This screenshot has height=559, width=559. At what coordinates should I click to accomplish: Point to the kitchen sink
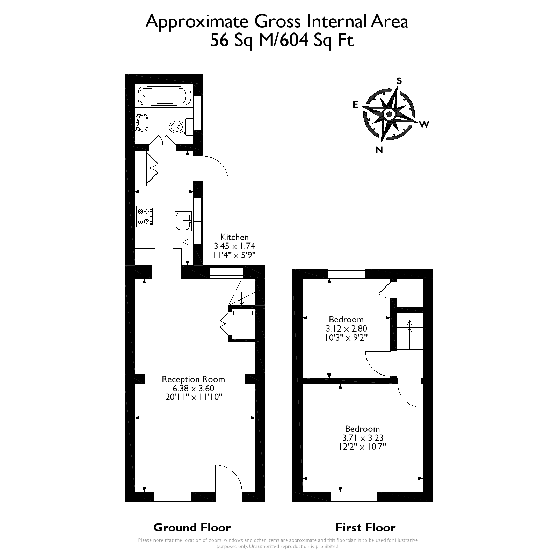183,221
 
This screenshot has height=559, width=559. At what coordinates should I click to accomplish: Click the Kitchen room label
234,237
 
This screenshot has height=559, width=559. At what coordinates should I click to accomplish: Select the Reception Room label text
193,379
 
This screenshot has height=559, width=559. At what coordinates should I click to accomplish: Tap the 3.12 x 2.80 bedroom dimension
346,329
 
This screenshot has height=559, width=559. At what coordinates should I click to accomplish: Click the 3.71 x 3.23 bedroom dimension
362,438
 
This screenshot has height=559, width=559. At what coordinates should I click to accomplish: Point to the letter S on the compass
399,81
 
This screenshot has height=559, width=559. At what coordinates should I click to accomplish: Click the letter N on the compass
379,150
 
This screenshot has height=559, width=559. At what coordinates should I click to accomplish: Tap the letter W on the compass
424,124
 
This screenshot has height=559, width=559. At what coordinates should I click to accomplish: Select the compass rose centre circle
389,114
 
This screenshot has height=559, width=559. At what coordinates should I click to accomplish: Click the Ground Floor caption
192,527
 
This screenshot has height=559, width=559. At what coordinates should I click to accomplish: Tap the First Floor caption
365,527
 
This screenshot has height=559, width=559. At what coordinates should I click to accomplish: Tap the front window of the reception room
173,496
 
